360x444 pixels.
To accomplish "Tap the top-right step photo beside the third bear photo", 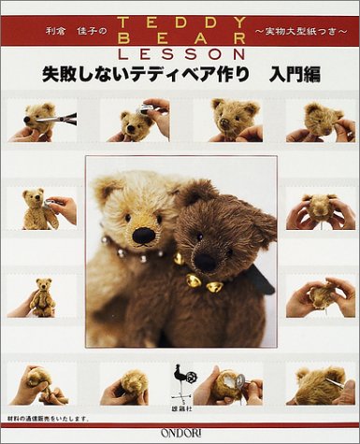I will click(x=318, y=121).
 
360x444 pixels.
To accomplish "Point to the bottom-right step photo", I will click(x=318, y=384).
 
